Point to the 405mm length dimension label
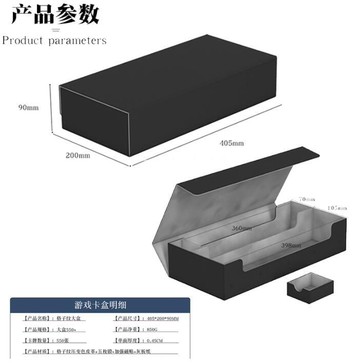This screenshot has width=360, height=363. [x=229, y=143]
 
